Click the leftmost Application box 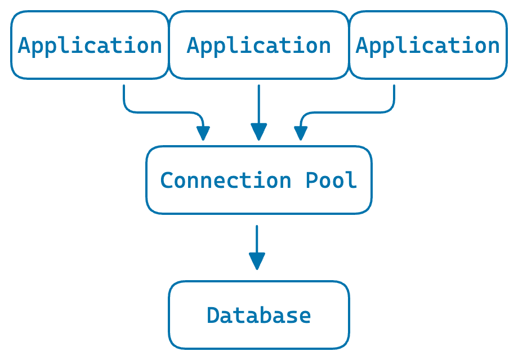point(90,45)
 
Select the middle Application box point(259,45)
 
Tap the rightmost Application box point(428,45)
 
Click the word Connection point(226,180)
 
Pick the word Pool point(332,180)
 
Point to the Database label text point(259,315)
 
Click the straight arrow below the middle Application point(259,107)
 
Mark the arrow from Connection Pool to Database point(257,242)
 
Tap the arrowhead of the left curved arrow point(203,133)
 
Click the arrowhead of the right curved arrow point(301,133)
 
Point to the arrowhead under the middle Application point(259,132)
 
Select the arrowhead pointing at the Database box point(257,261)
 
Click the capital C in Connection point(167,180)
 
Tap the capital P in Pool point(312,180)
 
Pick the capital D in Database point(213,315)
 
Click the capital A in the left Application point(24,45)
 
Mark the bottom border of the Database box point(259,348)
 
